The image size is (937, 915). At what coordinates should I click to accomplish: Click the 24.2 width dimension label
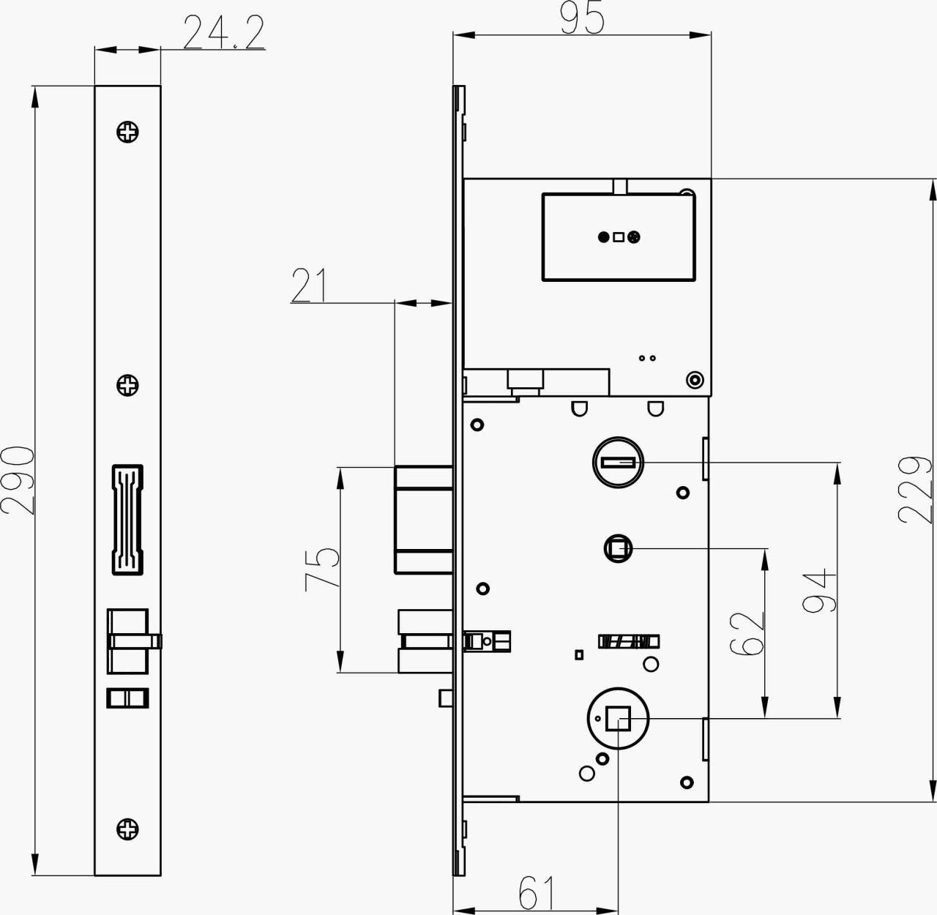(x=223, y=34)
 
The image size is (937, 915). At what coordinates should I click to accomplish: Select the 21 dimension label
(x=310, y=285)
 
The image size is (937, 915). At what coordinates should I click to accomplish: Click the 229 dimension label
(x=915, y=490)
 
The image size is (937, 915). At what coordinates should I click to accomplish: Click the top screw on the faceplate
(x=128, y=132)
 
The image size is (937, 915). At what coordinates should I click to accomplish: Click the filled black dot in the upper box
(x=603, y=236)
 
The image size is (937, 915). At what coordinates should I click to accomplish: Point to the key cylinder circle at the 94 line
(x=617, y=462)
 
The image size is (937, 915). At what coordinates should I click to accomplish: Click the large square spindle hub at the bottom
(x=619, y=720)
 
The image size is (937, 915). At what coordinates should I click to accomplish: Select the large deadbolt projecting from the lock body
(x=423, y=518)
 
